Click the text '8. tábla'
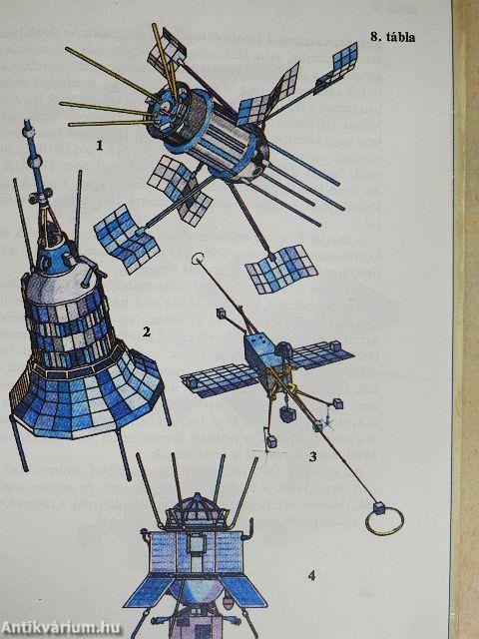[x=392, y=38]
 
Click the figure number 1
[x=99, y=146]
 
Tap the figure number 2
[x=147, y=332]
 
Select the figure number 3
[x=312, y=456]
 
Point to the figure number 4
[x=311, y=575]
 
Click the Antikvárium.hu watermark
[x=60, y=627]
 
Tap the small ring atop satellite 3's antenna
[x=198, y=259]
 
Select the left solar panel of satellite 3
[x=220, y=379]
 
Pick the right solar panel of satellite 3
[x=321, y=354]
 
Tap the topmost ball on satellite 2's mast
[x=29, y=132]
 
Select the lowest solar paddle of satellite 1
[x=281, y=268]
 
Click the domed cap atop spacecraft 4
[x=198, y=508]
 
